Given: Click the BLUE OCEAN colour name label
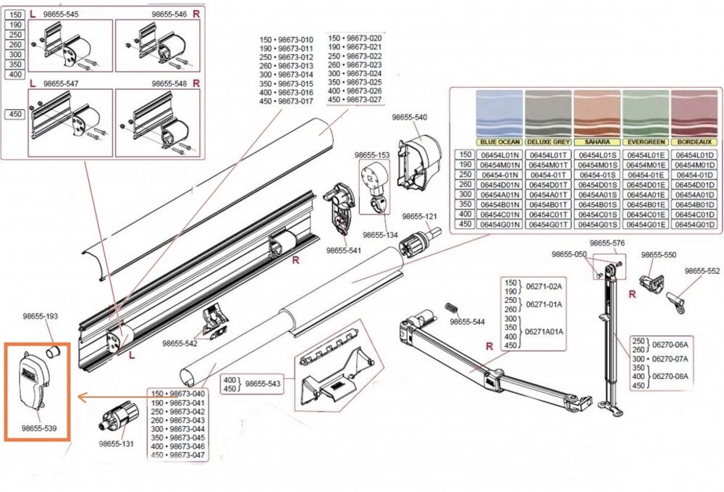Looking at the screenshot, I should pyautogui.click(x=499, y=142).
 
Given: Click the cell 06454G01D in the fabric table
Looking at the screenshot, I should pyautogui.click(x=693, y=225).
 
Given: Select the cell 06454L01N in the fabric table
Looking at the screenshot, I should pyautogui.click(x=499, y=155).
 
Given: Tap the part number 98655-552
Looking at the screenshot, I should pyautogui.click(x=702, y=270).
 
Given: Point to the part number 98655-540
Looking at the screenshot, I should pyautogui.click(x=409, y=117).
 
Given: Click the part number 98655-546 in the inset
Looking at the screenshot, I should pyautogui.click(x=169, y=14).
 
